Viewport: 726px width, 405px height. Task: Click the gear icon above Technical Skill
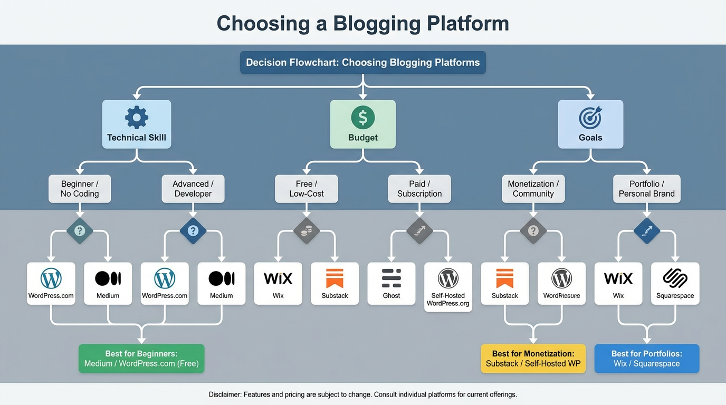(137, 117)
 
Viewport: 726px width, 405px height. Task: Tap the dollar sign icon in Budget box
(363, 117)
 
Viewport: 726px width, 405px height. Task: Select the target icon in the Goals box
(590, 118)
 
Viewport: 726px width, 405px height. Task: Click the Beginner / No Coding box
(80, 189)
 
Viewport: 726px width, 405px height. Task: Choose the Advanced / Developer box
(193, 189)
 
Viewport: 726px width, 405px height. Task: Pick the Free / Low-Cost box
(307, 189)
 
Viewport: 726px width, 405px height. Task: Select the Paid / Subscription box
(419, 189)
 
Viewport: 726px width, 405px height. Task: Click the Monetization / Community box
(533, 189)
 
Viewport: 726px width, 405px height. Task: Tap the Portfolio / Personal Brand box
(646, 189)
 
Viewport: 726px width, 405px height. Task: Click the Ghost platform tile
(391, 283)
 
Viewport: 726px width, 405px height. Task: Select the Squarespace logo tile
(675, 283)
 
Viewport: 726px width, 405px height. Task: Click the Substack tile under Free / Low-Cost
(335, 283)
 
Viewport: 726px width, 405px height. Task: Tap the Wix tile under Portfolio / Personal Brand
(618, 283)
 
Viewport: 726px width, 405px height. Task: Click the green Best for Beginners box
(141, 359)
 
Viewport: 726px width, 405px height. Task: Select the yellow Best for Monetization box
(533, 359)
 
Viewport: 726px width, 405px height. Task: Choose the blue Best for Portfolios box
(646, 359)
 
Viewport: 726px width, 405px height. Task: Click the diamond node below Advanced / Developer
(193, 230)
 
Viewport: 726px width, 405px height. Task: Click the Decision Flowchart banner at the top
(363, 62)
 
